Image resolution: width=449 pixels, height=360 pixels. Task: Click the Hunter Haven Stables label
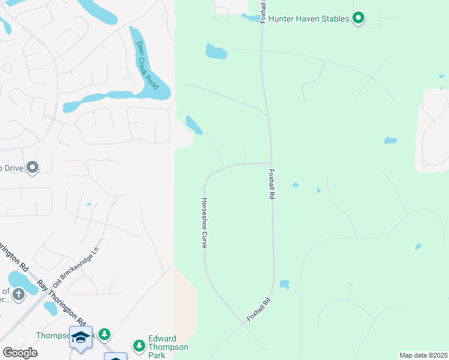308,19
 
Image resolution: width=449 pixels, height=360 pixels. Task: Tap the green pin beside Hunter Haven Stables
358,19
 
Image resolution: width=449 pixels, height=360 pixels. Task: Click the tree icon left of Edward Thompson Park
139,345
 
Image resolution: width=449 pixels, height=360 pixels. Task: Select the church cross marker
19,293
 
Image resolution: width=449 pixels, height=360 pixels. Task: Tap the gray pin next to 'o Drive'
32,167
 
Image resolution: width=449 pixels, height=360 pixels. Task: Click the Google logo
20,352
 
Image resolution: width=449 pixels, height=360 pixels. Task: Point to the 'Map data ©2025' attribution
423,355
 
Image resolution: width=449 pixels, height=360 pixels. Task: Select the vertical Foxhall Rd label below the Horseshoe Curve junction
272,184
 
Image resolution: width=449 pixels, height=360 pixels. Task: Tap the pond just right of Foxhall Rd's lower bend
285,283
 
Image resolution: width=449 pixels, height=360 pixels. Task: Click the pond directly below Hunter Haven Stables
216,52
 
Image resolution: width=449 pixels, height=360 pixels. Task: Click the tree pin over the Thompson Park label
105,333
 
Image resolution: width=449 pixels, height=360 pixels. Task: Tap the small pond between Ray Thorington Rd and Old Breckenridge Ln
50,308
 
